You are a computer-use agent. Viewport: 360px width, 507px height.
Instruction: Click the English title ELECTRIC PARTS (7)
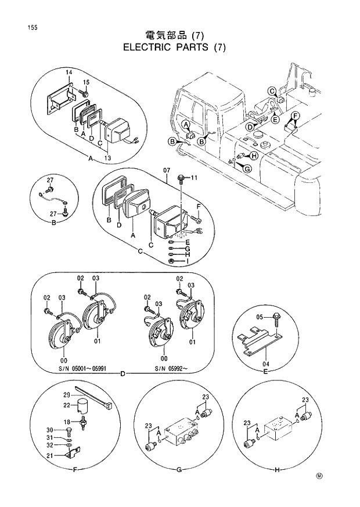click(174, 48)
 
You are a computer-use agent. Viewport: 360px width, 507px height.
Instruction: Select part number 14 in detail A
click(68, 72)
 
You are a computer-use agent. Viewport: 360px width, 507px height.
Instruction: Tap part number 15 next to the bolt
click(86, 82)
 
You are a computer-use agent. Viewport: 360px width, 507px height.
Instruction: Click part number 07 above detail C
click(167, 170)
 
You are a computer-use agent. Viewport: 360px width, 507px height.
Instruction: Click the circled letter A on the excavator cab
click(185, 125)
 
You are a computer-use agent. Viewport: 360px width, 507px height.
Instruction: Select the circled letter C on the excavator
click(271, 90)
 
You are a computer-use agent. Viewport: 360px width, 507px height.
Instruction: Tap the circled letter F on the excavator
click(294, 116)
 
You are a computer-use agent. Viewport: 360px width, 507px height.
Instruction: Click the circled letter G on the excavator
click(247, 168)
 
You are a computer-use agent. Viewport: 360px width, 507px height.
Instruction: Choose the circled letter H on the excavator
click(254, 156)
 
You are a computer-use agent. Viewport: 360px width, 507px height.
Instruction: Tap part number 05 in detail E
click(260, 317)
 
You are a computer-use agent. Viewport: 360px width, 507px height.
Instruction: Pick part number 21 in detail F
click(66, 455)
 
